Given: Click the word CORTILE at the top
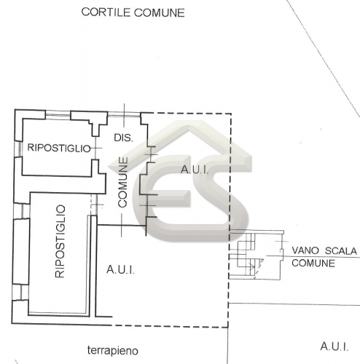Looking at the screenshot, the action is click(x=106, y=12).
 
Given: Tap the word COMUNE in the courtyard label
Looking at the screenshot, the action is click(x=160, y=13).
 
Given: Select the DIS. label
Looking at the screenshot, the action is click(x=123, y=138).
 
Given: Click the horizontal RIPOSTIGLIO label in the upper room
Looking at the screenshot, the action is click(x=59, y=148).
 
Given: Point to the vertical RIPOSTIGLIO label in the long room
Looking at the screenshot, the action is click(x=60, y=241).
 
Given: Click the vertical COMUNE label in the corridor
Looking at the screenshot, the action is click(x=123, y=182).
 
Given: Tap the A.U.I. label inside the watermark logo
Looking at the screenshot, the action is click(x=195, y=170).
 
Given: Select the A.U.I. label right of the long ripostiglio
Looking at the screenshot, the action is click(x=120, y=269).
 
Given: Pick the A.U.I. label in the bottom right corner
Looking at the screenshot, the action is click(x=334, y=347).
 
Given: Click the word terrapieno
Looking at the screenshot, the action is click(x=113, y=351).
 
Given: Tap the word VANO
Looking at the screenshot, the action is click(x=305, y=250).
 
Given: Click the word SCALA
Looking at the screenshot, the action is click(x=341, y=250).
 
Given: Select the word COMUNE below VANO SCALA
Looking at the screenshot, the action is click(x=313, y=263).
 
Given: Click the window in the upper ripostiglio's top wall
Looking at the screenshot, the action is click(x=58, y=114).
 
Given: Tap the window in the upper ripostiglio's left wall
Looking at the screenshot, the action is click(x=18, y=149).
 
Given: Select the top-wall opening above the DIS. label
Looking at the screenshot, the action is click(x=124, y=114).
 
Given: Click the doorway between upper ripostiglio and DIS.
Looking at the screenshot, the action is click(x=95, y=148).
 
